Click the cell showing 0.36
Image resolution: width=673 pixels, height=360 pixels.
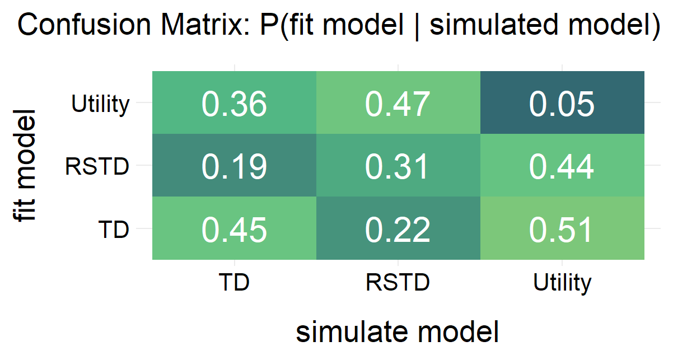click(234, 104)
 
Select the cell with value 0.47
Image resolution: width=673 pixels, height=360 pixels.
click(398, 104)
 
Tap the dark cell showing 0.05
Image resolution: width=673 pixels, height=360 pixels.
click(562, 104)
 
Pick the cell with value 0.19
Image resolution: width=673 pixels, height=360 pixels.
click(234, 166)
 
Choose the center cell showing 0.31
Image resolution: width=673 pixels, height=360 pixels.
click(398, 166)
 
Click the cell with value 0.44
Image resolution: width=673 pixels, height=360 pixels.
click(562, 166)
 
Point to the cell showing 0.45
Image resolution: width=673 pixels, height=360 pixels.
click(234, 229)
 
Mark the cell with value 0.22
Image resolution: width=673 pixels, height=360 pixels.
click(398, 229)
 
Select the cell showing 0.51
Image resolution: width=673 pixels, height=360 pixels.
click(562, 229)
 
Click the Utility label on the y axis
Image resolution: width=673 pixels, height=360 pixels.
click(101, 104)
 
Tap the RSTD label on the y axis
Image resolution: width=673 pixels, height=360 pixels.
click(97, 166)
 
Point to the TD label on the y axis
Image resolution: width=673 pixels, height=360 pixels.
click(114, 229)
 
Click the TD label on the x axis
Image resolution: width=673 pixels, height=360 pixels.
click(234, 283)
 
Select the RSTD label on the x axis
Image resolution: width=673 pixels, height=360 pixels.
click(398, 283)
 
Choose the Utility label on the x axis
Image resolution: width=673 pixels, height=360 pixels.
click(562, 283)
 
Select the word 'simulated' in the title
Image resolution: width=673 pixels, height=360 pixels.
click(488, 26)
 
